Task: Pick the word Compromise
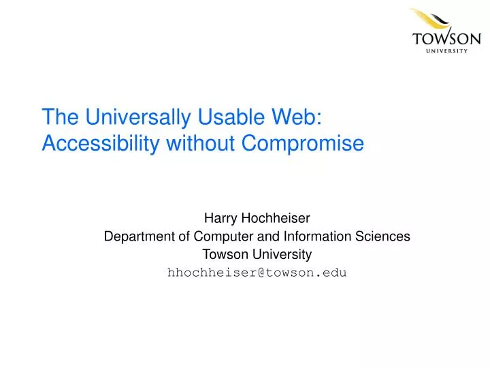pos(303,143)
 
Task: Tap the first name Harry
pos(220,219)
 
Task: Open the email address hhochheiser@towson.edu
pos(257,273)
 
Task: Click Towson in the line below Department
pos(223,255)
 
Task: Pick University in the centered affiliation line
pos(283,255)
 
